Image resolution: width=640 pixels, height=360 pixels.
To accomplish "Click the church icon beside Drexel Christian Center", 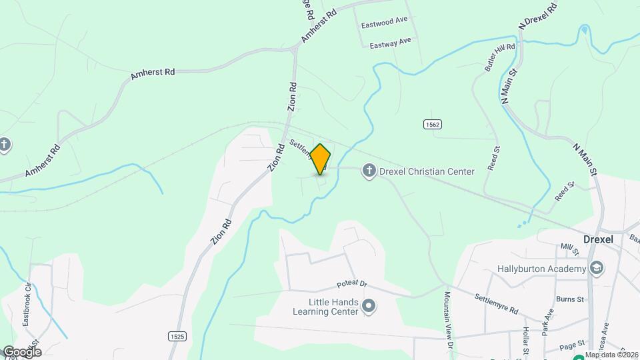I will pyautogui.click(x=369, y=171).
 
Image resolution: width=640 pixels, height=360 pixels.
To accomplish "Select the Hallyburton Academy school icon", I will pyautogui.click(x=597, y=269).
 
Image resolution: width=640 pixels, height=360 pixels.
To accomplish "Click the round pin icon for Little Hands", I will pyautogui.click(x=369, y=306).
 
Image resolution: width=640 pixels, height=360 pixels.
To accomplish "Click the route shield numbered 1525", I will pyautogui.click(x=177, y=336).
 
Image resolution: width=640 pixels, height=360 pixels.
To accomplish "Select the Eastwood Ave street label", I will pyautogui.click(x=384, y=21).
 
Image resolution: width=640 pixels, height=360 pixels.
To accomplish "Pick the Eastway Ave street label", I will pyautogui.click(x=391, y=43).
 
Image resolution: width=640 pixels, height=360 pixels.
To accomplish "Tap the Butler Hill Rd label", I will pyautogui.click(x=499, y=58).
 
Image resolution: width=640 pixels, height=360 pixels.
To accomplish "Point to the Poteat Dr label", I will pyautogui.click(x=352, y=283).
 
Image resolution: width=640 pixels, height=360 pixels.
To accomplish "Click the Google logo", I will pyautogui.click(x=22, y=351).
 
